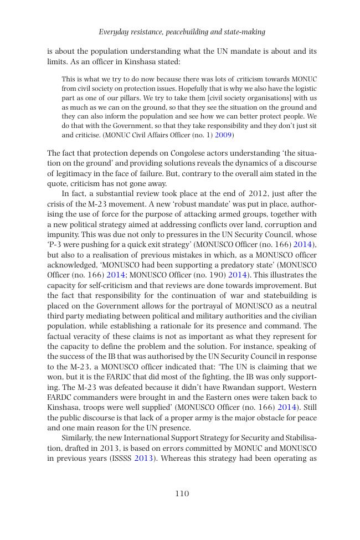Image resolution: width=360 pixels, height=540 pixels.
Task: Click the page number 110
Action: [x=182, y=493]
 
